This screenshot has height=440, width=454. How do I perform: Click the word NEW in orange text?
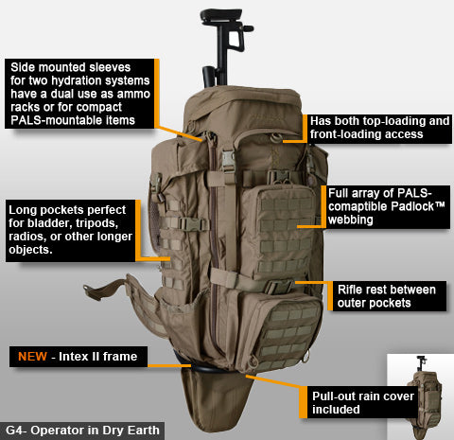34,357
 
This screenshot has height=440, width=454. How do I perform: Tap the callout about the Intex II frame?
76,357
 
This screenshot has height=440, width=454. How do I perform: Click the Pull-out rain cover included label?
362,402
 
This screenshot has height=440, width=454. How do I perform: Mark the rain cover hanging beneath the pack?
212,397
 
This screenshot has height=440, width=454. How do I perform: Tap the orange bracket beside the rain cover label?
305,402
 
